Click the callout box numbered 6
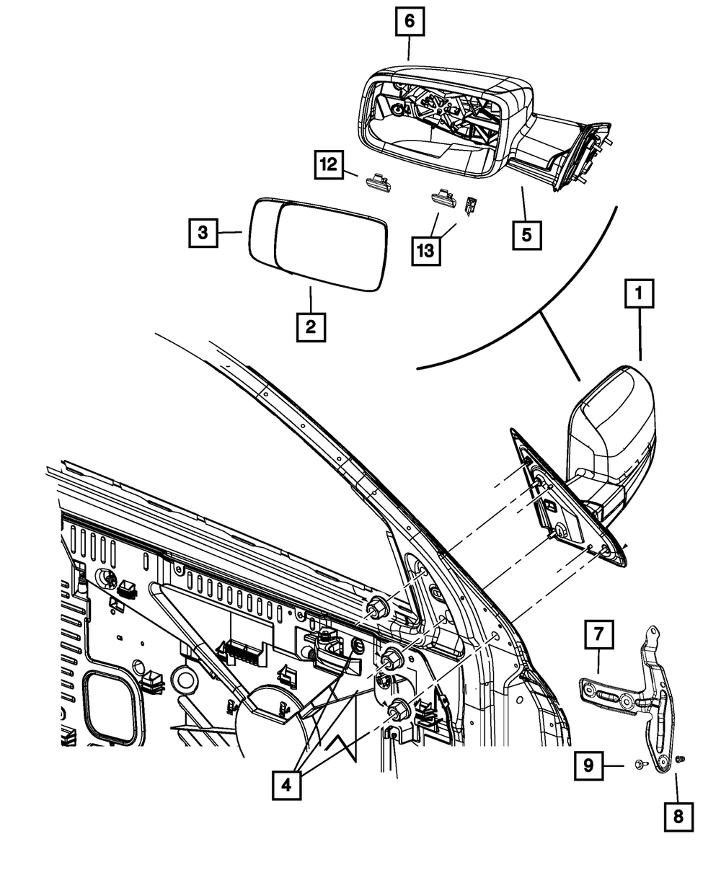click(x=409, y=22)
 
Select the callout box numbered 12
click(x=328, y=164)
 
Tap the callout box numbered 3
click(x=204, y=232)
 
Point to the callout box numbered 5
click(x=528, y=234)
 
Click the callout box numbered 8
click(x=678, y=817)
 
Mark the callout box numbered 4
click(x=287, y=784)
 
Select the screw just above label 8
click(x=681, y=760)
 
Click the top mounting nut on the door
click(x=376, y=609)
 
